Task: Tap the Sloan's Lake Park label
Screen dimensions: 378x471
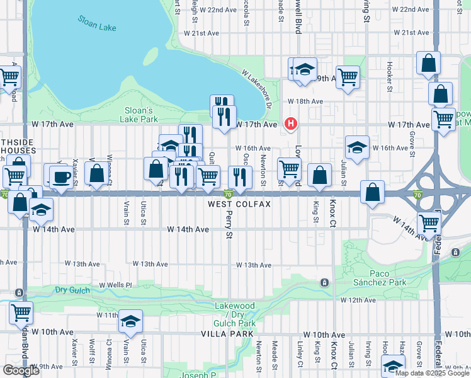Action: (140, 114)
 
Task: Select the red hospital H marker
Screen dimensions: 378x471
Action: (290, 123)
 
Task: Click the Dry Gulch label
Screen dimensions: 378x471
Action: (69, 290)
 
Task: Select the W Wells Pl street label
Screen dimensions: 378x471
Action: (115, 285)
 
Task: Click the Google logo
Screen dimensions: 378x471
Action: (21, 370)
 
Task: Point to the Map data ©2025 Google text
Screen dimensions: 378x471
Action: (433, 372)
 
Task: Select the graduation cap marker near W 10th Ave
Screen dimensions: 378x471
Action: (130, 322)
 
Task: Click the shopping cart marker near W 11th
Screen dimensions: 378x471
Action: (21, 312)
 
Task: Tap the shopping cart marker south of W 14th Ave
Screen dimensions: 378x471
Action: (429, 222)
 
